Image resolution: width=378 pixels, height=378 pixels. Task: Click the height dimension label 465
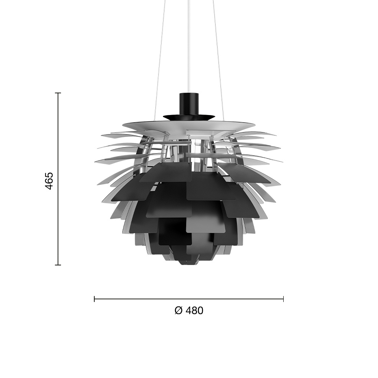[x=49, y=180]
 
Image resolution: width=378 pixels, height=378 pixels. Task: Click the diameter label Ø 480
[x=189, y=311]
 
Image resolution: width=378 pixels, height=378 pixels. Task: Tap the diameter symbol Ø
[x=178, y=311]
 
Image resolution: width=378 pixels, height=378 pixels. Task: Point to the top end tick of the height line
[x=58, y=93]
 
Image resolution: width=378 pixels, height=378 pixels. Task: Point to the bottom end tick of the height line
[x=58, y=265]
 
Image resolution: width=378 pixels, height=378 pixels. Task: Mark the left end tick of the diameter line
[x=94, y=299]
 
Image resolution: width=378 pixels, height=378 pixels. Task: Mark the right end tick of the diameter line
[x=283, y=299]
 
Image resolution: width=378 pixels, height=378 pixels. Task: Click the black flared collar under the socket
[x=189, y=117]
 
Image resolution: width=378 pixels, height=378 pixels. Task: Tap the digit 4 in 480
[x=190, y=311]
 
